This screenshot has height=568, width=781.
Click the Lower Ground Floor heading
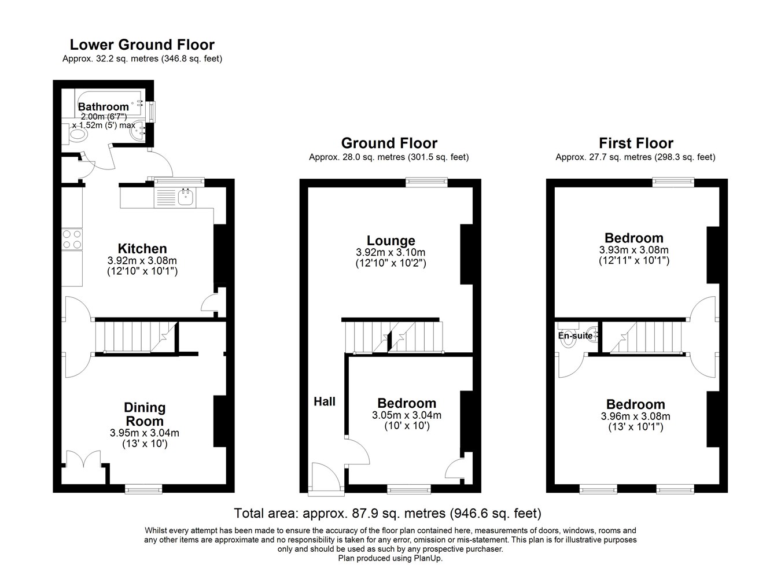[142, 45]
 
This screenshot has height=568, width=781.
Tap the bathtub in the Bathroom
[108, 103]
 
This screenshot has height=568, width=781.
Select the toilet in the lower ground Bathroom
[74, 134]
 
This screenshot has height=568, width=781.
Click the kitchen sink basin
[186, 197]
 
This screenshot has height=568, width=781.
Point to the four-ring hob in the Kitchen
[72, 239]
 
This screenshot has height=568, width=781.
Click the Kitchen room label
[142, 249]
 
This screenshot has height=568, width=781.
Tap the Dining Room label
[145, 414]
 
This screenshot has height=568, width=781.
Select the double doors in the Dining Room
[84, 458]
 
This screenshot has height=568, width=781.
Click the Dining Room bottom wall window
[143, 489]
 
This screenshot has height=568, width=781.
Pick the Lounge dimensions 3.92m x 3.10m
[390, 252]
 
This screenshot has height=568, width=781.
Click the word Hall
[324, 401]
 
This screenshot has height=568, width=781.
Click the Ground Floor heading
[389, 143]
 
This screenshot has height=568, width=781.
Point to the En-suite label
[575, 335]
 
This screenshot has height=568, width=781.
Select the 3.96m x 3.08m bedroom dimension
[635, 416]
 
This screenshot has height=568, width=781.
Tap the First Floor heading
[636, 143]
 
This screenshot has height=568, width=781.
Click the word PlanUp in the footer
[428, 558]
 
